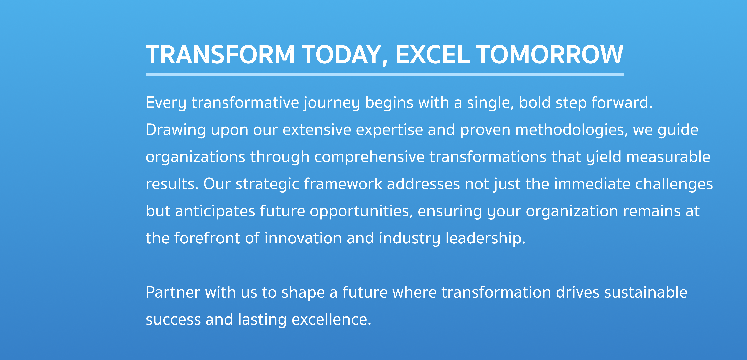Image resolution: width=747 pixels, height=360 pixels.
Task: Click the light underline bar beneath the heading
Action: pos(384,75)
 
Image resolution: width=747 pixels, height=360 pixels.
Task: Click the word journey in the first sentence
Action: pos(332,103)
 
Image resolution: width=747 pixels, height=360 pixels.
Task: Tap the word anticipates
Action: pos(215,212)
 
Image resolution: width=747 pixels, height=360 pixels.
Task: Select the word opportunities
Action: pos(361,212)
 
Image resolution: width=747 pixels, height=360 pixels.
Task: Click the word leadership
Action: pos(485,239)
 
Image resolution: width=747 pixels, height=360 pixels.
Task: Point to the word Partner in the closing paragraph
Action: pos(173,292)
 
